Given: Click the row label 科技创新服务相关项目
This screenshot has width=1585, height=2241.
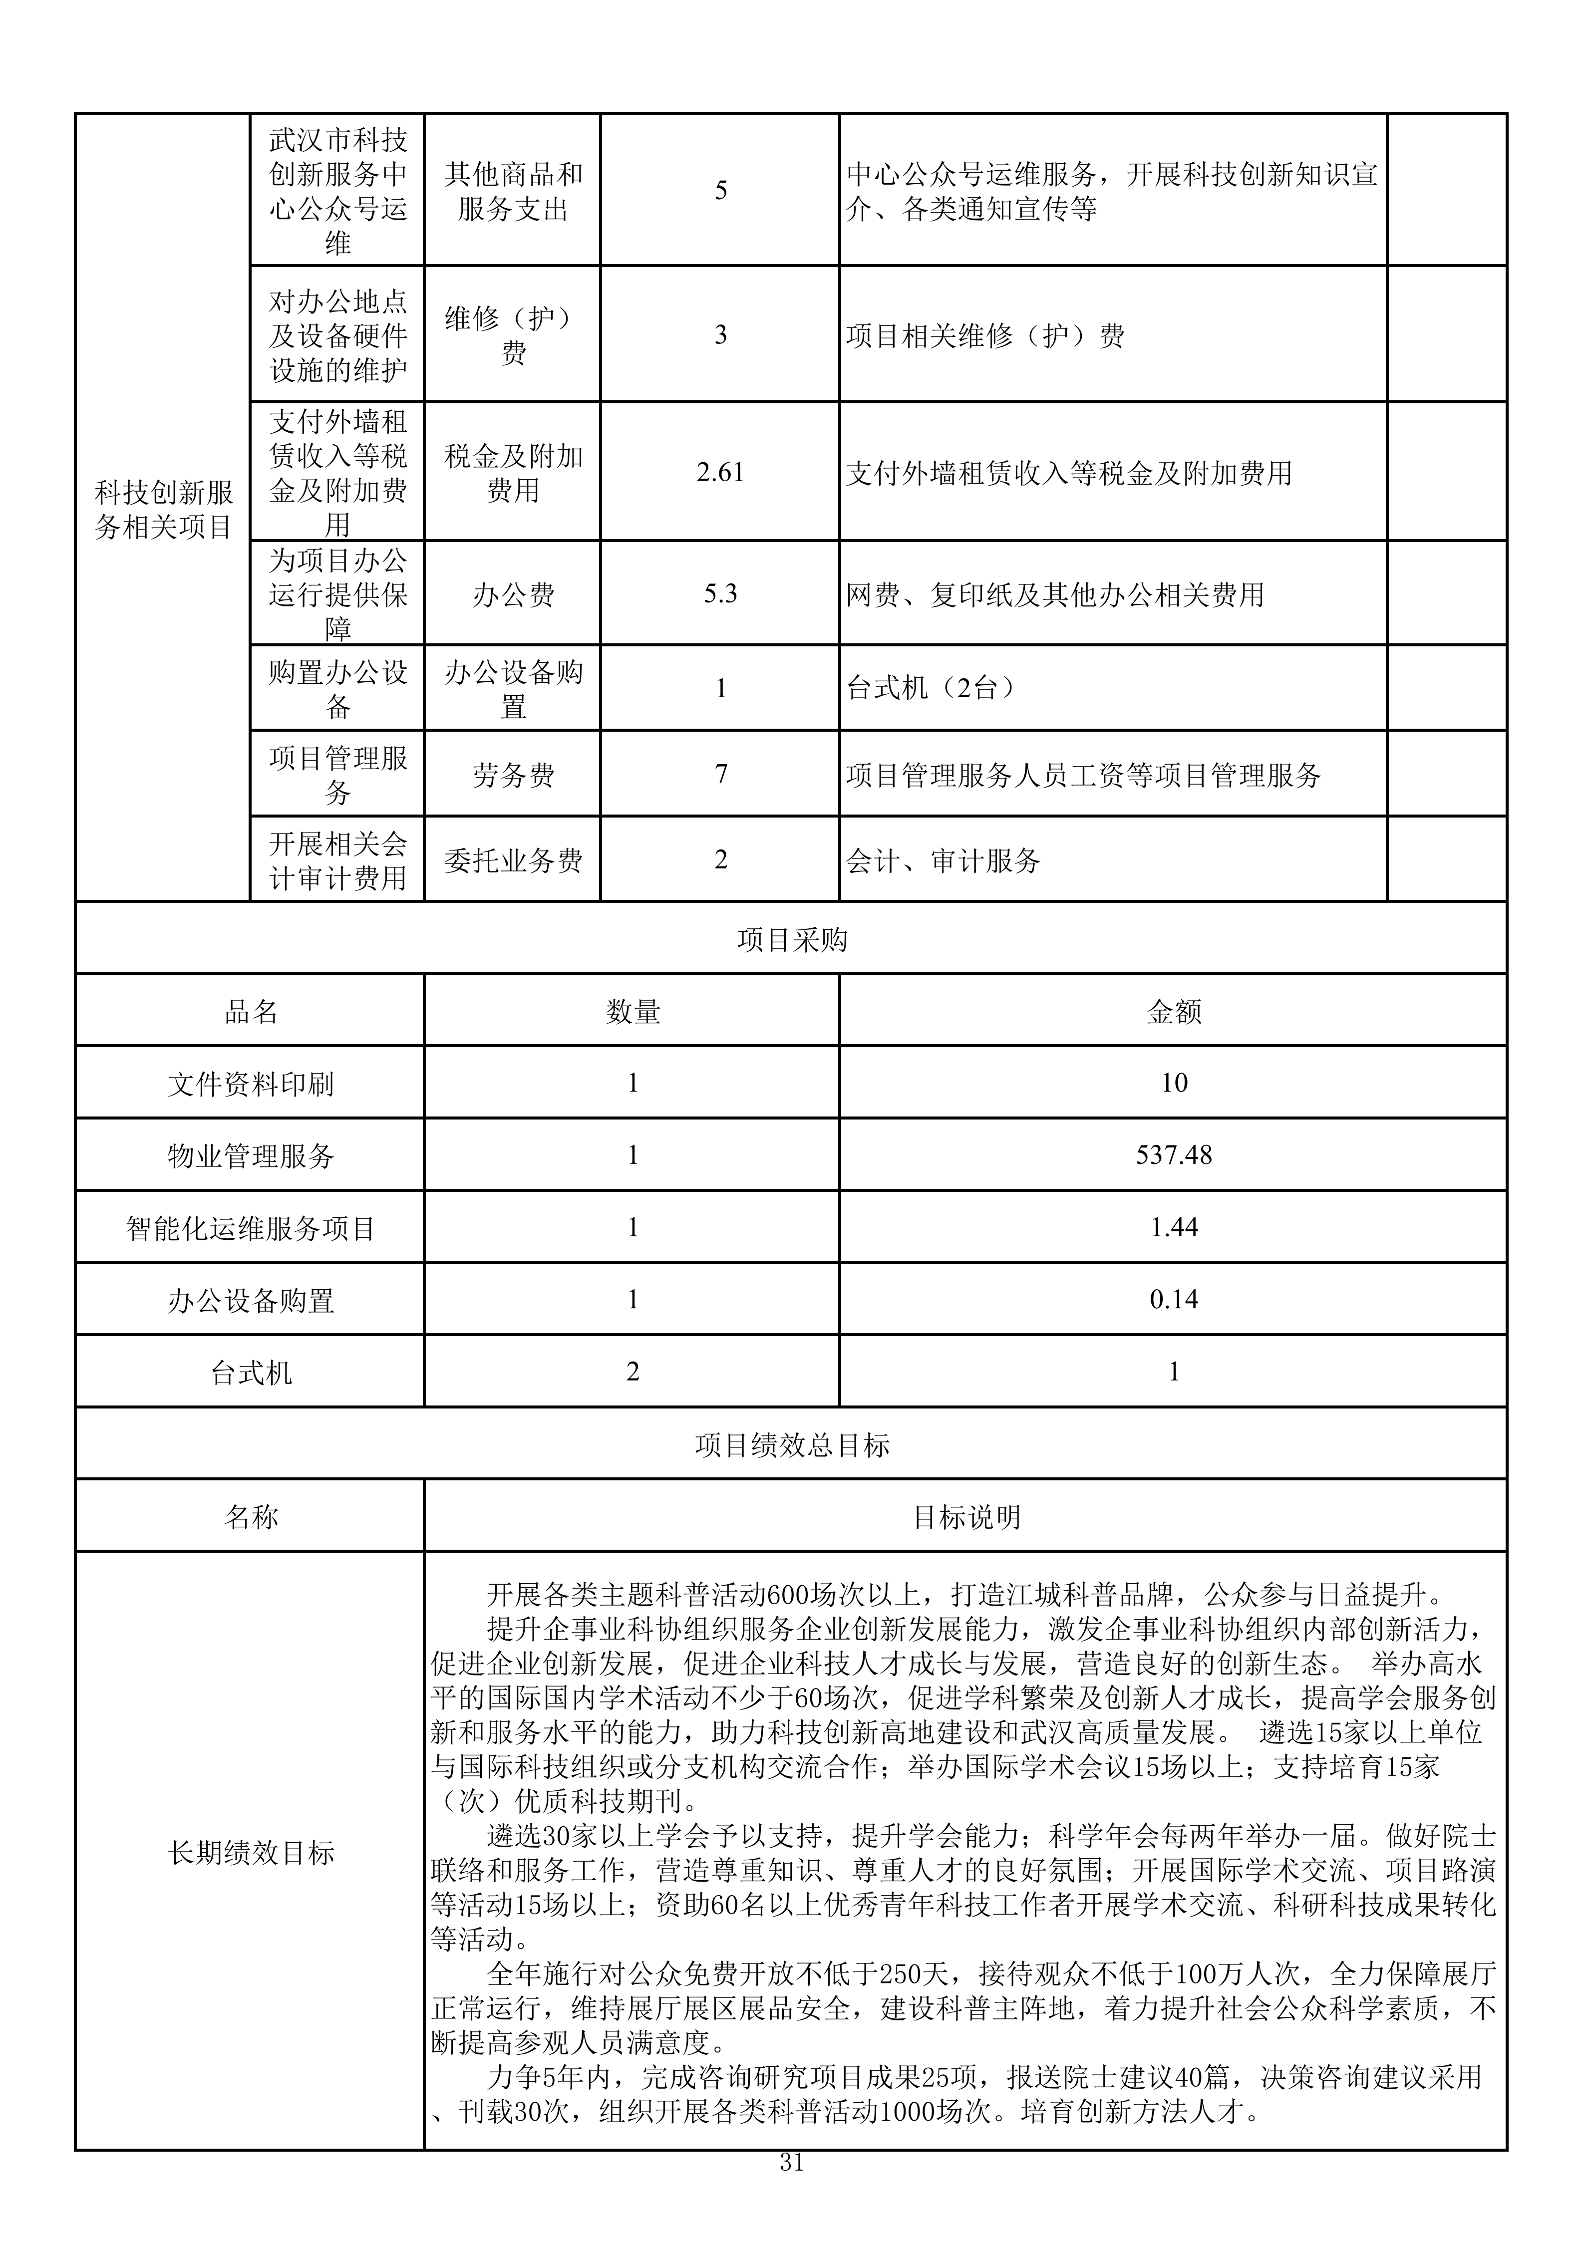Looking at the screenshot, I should pyautogui.click(x=163, y=510).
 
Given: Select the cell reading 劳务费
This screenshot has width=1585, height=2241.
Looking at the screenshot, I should pyautogui.click(x=513, y=775).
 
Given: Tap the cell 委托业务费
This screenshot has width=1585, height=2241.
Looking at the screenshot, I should pyautogui.click(x=513, y=860).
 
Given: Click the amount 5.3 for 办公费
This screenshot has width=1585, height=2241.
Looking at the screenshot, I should pyautogui.click(x=720, y=593).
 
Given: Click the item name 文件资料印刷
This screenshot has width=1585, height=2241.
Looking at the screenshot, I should pyautogui.click(x=251, y=1084).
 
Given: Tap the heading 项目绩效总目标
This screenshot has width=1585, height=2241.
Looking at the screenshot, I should pyautogui.click(x=792, y=1444).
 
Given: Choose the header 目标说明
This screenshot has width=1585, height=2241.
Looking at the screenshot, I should pyautogui.click(x=966, y=1517).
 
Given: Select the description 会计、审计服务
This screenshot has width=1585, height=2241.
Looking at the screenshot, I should pyautogui.click(x=943, y=860).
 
